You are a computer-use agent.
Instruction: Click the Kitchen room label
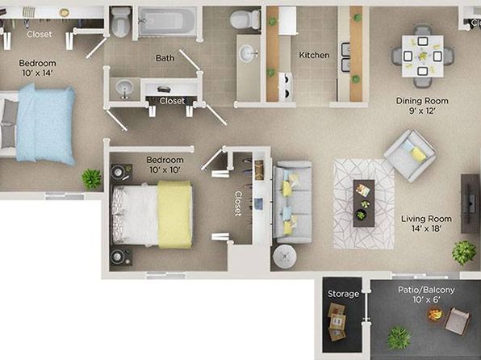click(x=314, y=55)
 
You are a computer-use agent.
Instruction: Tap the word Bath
click(x=165, y=58)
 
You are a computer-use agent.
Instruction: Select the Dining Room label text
click(x=422, y=101)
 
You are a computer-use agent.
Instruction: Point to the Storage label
click(x=343, y=294)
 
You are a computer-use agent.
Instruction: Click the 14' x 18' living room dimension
click(x=426, y=228)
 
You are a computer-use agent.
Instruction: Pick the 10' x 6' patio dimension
click(x=426, y=299)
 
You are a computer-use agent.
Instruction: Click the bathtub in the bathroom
click(x=167, y=21)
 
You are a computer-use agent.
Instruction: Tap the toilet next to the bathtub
click(x=120, y=22)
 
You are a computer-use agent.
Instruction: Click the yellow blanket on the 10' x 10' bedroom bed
click(x=175, y=215)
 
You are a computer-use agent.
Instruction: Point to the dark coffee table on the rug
click(x=364, y=203)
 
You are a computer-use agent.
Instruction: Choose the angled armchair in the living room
click(x=409, y=156)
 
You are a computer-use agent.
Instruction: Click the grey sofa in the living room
click(x=292, y=202)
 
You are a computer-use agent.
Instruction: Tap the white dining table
click(x=423, y=57)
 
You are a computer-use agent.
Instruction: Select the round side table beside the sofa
click(x=285, y=257)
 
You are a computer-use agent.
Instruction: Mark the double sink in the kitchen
click(x=345, y=57)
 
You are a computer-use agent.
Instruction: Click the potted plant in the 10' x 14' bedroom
click(x=91, y=179)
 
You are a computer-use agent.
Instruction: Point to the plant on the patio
click(x=399, y=338)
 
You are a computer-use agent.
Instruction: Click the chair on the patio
click(x=457, y=321)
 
